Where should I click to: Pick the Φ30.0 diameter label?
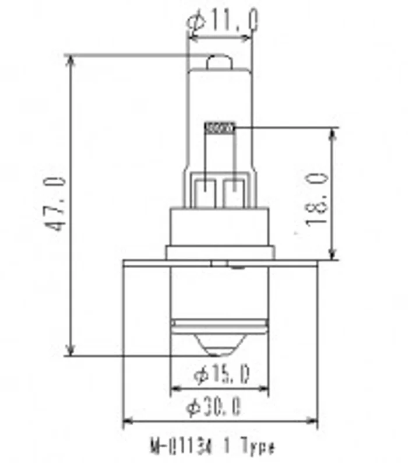214,406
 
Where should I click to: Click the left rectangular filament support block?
205,192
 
